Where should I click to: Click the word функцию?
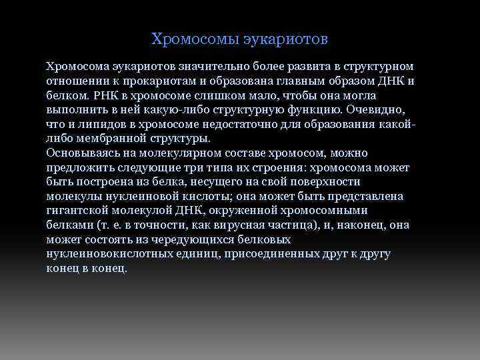point(295,110)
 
